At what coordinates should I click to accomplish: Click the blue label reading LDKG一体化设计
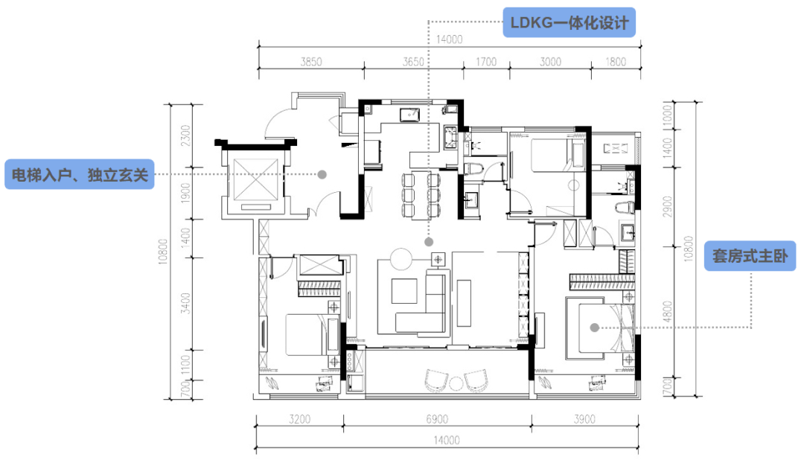[569, 22]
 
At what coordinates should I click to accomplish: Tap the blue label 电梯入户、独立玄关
[80, 174]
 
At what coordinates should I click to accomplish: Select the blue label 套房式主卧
[750, 256]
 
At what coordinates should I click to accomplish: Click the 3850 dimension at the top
[311, 62]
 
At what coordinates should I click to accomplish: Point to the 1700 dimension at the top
[486, 62]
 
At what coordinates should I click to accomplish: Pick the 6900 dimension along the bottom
[437, 420]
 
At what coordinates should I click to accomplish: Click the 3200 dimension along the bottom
[299, 420]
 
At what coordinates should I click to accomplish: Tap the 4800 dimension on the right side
[667, 311]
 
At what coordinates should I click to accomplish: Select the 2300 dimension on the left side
[185, 135]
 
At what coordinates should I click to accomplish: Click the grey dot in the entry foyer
[322, 174]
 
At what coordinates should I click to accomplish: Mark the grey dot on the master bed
[594, 328]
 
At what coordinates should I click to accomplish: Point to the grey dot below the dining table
[429, 242]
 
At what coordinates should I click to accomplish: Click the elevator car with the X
[255, 179]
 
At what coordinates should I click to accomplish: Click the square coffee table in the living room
[404, 291]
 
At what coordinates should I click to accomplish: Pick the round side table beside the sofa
[401, 259]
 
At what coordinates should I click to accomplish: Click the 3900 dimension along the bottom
[584, 420]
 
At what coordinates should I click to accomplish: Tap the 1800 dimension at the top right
[616, 62]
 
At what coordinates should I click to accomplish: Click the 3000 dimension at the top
[551, 62]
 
